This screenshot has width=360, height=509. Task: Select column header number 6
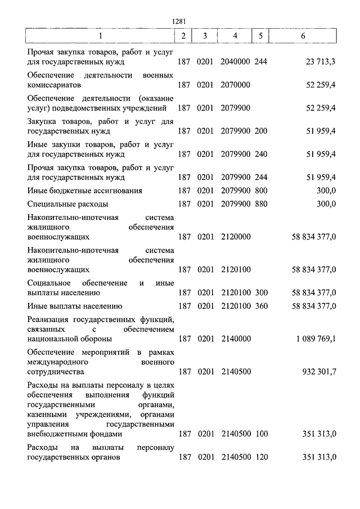coord(303,36)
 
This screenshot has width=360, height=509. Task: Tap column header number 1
coord(101,36)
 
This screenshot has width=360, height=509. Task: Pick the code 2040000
coord(236,61)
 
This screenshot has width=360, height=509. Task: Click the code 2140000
coord(236,339)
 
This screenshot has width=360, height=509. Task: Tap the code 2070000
coord(236,84)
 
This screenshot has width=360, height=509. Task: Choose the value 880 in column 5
coord(260,204)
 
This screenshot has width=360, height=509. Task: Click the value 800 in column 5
coord(260,191)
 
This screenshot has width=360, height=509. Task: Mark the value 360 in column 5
coord(260,306)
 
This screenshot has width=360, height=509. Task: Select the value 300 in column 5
coord(260,292)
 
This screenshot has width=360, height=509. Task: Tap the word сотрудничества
coord(56,372)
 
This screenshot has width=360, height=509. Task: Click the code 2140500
coord(236,372)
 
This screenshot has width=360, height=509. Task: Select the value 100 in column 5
coord(260,434)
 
